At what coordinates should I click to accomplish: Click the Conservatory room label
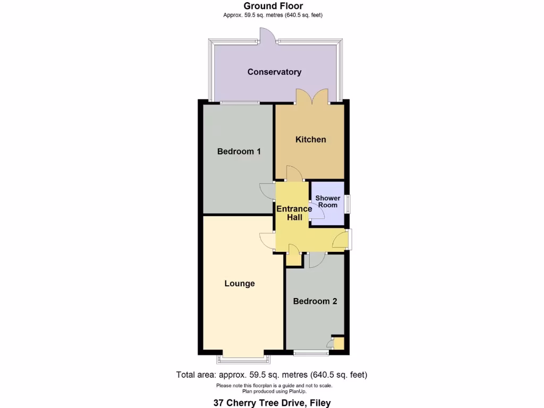(x=274, y=72)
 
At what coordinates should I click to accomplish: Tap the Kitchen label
(x=311, y=139)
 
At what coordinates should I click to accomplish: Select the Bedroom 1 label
(x=239, y=151)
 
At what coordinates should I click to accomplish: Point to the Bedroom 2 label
(x=315, y=301)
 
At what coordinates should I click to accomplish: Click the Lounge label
(x=240, y=284)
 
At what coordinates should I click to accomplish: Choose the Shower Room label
(x=328, y=201)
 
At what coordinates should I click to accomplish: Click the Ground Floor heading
(x=274, y=6)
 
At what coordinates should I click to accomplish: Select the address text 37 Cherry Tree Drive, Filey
(x=272, y=403)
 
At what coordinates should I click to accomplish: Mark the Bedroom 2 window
(x=311, y=353)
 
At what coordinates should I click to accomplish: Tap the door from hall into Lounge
(x=267, y=241)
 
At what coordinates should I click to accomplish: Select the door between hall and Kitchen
(x=293, y=173)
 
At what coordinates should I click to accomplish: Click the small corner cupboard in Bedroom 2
(x=338, y=343)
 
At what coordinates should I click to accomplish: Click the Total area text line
(x=272, y=375)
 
